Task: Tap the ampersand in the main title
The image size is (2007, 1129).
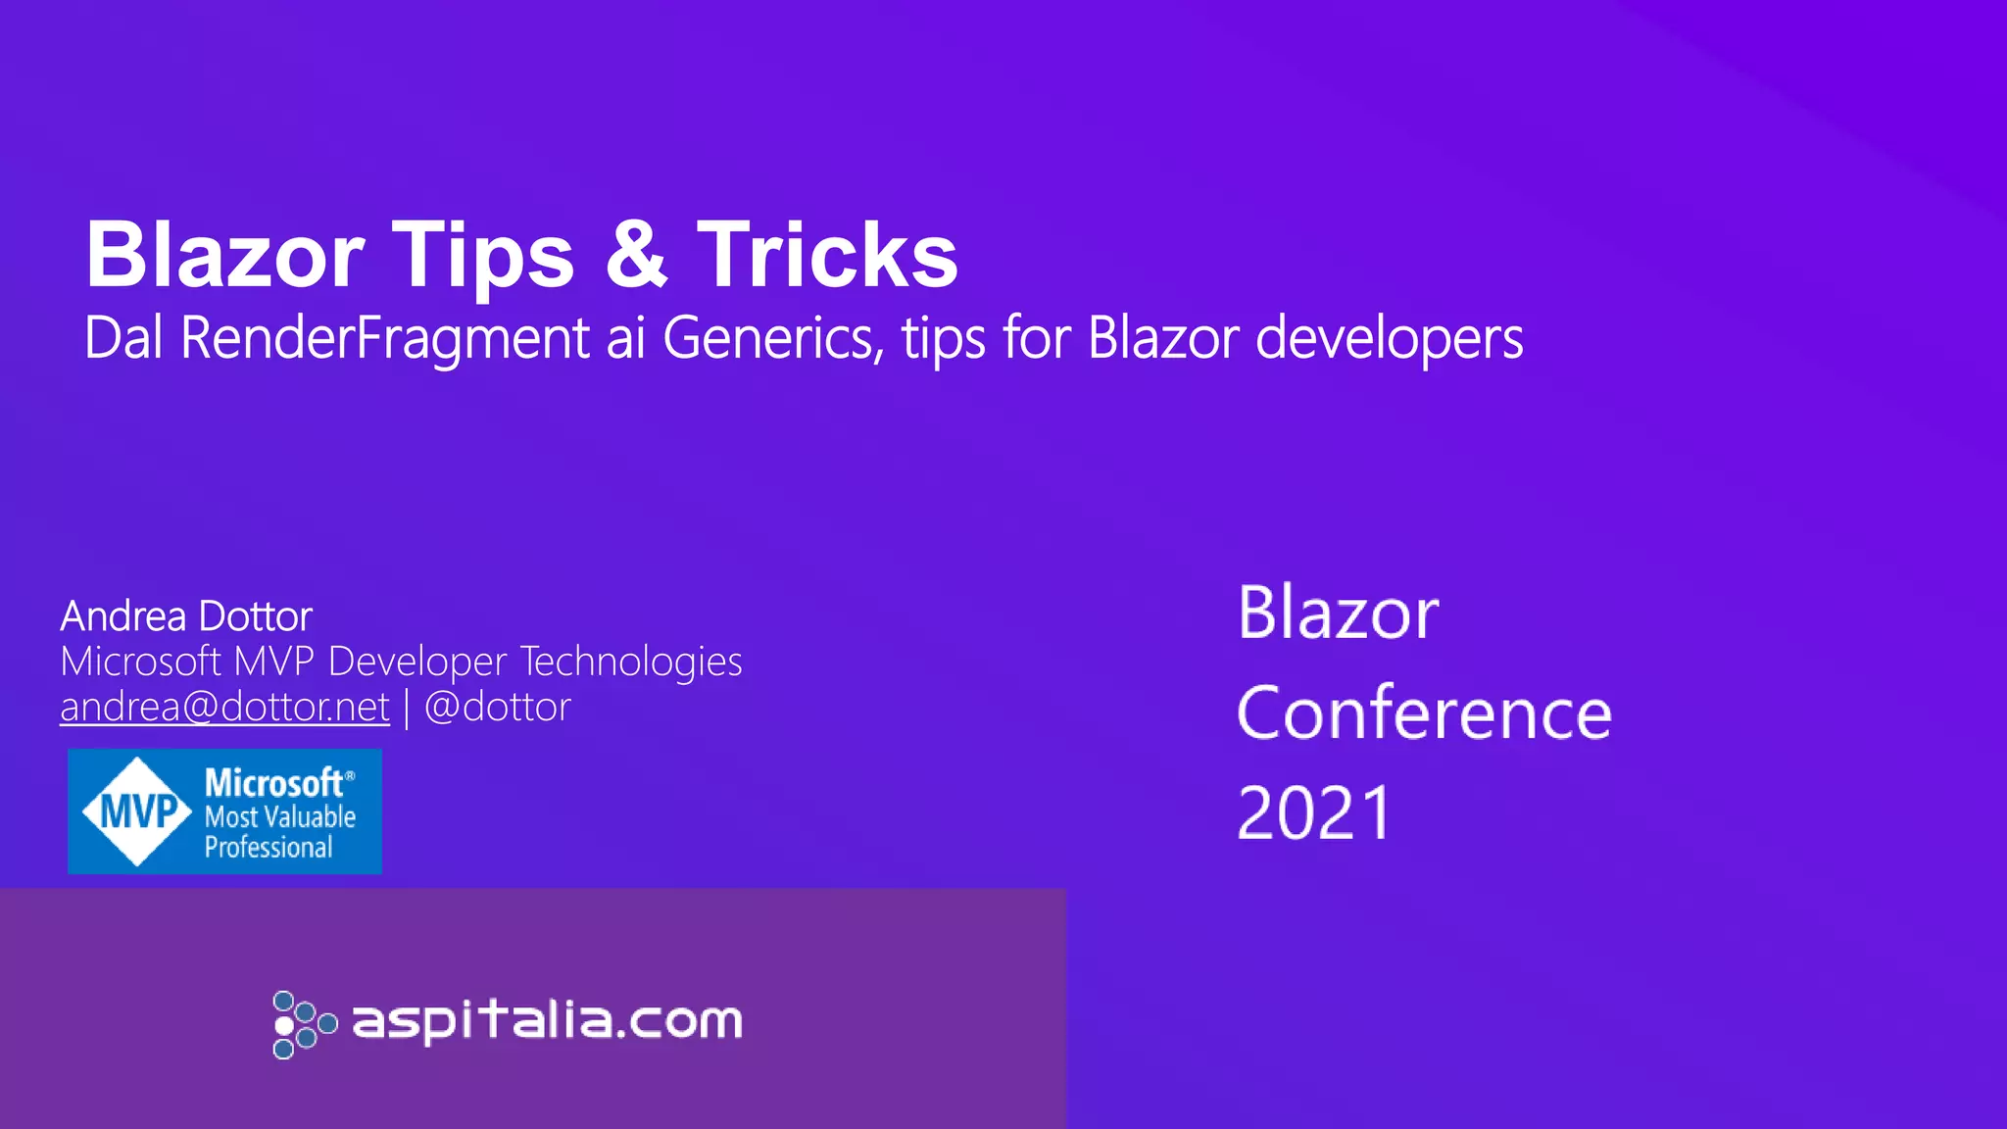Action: point(636,255)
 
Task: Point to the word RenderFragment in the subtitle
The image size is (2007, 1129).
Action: point(385,338)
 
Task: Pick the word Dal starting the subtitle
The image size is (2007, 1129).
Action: point(123,338)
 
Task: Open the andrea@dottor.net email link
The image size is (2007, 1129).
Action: point(224,707)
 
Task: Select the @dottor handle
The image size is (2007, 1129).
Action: point(497,707)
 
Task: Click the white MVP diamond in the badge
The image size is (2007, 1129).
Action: point(137,811)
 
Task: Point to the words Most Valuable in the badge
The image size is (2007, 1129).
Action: point(279,816)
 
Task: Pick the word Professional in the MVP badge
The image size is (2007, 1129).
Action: point(269,847)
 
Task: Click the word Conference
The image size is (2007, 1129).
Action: point(1424,713)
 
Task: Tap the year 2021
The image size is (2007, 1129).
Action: point(1314,812)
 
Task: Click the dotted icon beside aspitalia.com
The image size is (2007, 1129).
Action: point(303,1024)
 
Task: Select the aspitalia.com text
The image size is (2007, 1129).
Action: point(547,1021)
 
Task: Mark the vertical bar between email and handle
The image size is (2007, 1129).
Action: point(407,708)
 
